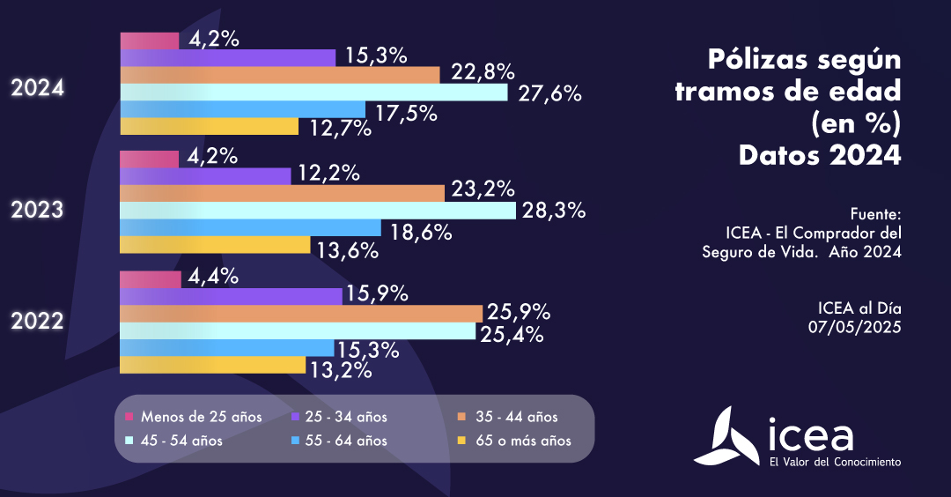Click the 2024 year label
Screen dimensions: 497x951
(x=36, y=89)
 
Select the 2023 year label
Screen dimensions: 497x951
(x=36, y=210)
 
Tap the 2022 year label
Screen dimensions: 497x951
(x=36, y=322)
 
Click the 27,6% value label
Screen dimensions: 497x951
(x=549, y=93)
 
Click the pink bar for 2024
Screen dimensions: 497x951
(x=149, y=41)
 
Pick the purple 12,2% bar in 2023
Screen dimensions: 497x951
(x=204, y=176)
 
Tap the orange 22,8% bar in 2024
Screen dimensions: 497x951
(x=279, y=75)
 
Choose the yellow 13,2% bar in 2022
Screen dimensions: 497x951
(x=212, y=364)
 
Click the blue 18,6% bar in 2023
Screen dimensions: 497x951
(x=250, y=228)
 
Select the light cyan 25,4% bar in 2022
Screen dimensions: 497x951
(x=298, y=330)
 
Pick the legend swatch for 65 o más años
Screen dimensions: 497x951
(x=461, y=441)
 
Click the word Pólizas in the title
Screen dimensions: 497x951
(x=748, y=61)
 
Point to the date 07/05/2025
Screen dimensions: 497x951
(x=856, y=326)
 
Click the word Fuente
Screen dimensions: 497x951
(x=876, y=214)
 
